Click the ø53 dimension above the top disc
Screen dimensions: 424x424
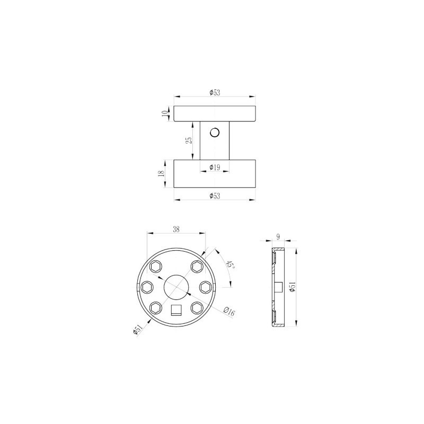215,92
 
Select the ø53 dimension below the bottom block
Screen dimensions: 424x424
215,196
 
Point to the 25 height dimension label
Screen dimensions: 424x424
189,140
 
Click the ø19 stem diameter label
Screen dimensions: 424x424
215,167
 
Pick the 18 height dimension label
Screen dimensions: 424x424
161,174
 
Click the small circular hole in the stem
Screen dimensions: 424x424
215,132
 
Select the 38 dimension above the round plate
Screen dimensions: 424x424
176,229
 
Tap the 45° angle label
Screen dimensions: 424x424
231,264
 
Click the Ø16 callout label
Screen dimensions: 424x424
229,312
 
